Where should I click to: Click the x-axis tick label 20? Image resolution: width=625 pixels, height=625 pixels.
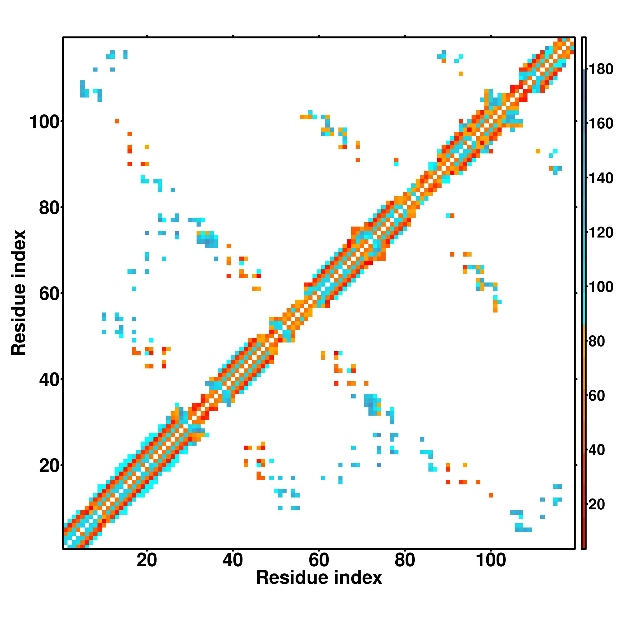point(147,560)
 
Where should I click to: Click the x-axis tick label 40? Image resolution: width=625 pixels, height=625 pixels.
point(232,560)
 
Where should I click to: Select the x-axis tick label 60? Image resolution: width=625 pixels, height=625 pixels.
point(319,560)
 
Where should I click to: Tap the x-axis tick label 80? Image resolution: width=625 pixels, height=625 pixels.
point(405,560)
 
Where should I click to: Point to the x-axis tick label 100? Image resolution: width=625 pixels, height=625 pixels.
point(490,560)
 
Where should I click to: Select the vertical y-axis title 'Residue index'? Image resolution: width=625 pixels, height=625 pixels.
point(19,293)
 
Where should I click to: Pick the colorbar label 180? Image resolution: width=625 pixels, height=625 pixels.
point(601,69)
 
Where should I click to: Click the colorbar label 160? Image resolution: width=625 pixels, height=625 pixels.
point(601,123)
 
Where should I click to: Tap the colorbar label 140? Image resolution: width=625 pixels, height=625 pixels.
point(601,178)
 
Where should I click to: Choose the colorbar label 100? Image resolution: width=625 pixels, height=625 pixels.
point(601,287)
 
